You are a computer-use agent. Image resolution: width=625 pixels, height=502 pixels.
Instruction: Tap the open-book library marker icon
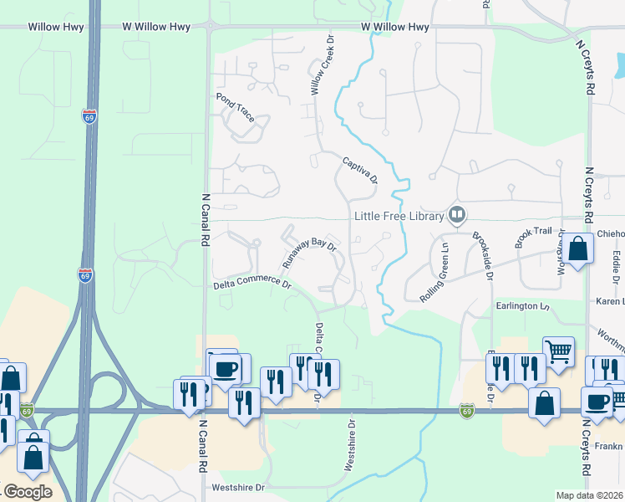[x=457, y=215]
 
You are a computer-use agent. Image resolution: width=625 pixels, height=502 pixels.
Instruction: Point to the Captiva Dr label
[x=360, y=169]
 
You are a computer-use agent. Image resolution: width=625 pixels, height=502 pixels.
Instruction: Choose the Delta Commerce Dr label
[x=252, y=284]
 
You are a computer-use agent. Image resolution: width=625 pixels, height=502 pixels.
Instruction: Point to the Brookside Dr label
[x=481, y=256]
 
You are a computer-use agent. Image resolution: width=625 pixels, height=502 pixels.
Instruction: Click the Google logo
[x=28, y=491]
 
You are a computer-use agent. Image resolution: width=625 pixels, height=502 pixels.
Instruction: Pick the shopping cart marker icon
[x=558, y=351]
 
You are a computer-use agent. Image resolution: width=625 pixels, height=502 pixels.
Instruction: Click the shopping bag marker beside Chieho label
[x=577, y=247]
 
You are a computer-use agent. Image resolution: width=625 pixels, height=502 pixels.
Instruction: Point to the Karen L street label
[x=609, y=300]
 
